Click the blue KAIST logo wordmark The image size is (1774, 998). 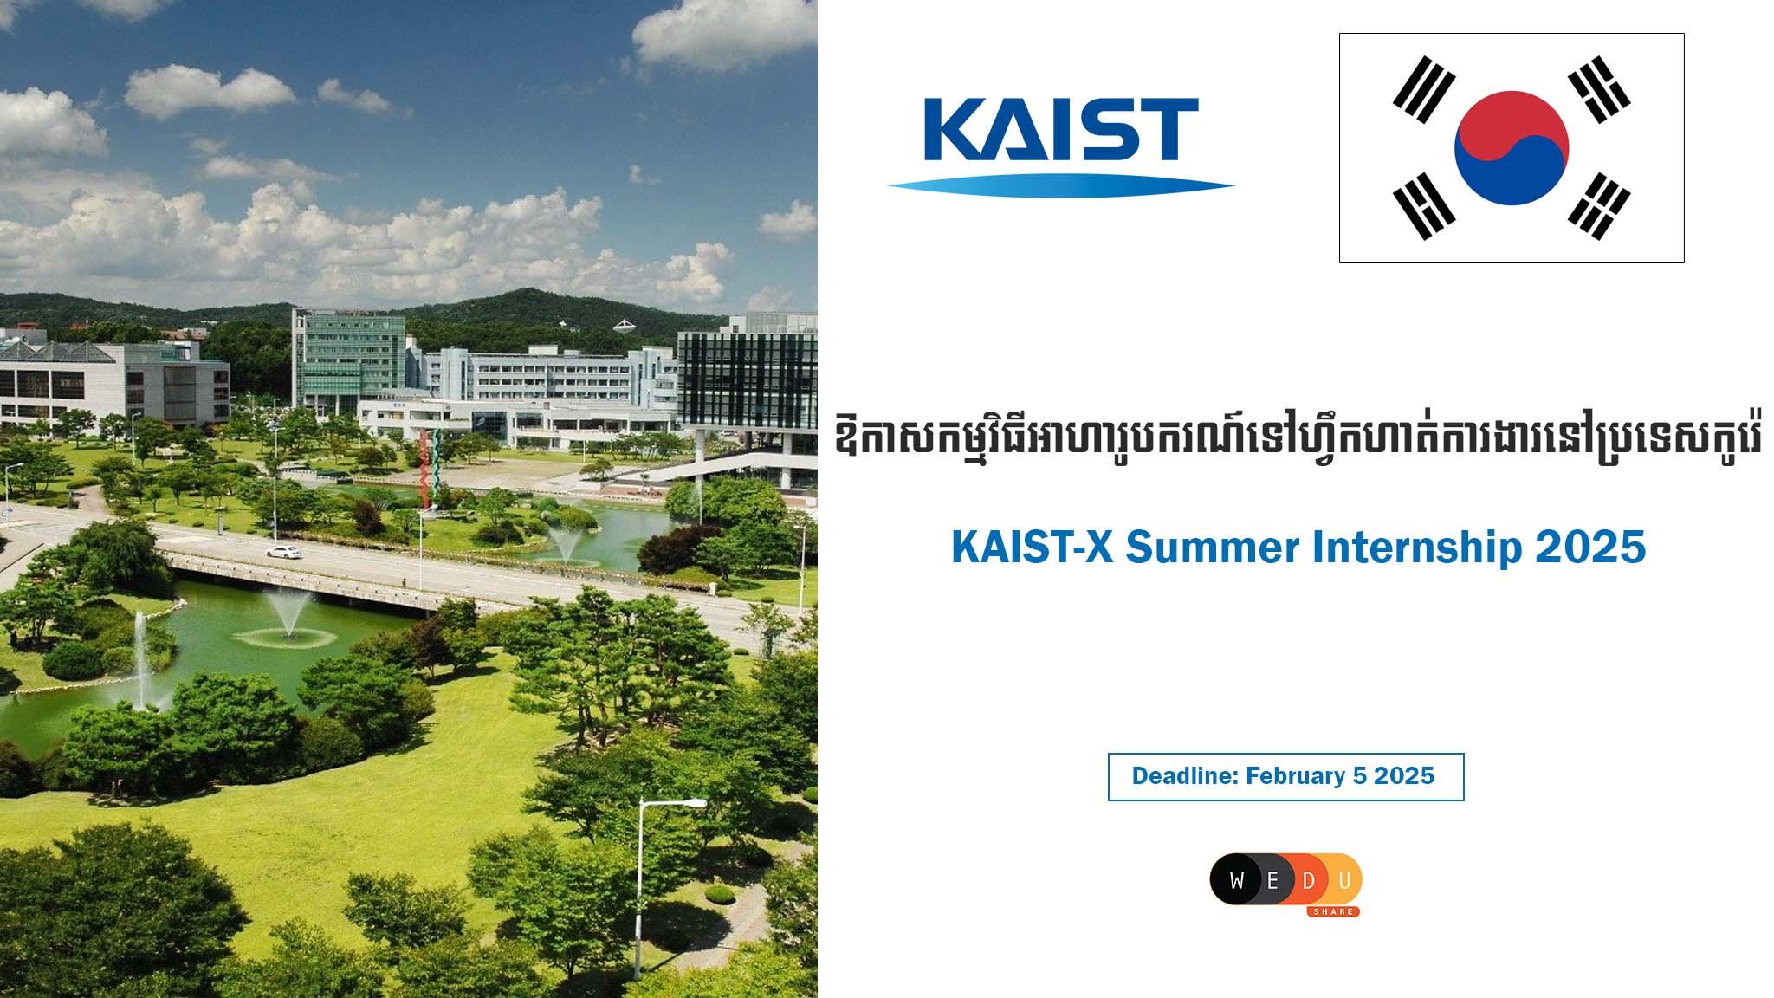click(x=1061, y=130)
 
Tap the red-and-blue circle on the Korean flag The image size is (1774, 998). click(x=1512, y=147)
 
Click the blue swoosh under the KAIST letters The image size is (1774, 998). click(x=1061, y=184)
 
